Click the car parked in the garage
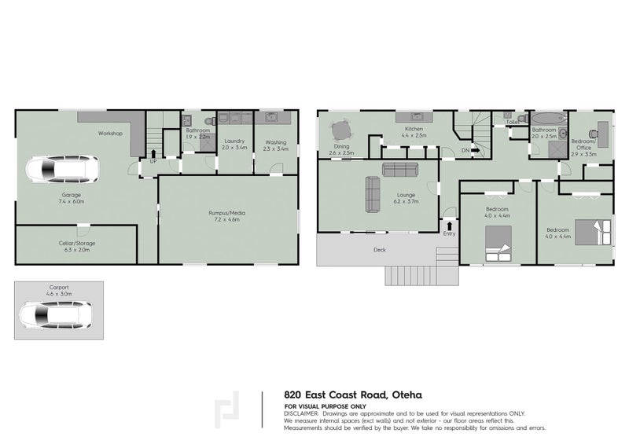coord(61,170)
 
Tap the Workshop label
coord(110,134)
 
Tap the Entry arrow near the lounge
coord(449,225)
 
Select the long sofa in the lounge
coord(400,169)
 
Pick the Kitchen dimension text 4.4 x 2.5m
coord(414,136)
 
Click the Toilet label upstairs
coord(512,123)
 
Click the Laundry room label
coord(234,141)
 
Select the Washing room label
coord(274,141)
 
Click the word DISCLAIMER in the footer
coord(301,413)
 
